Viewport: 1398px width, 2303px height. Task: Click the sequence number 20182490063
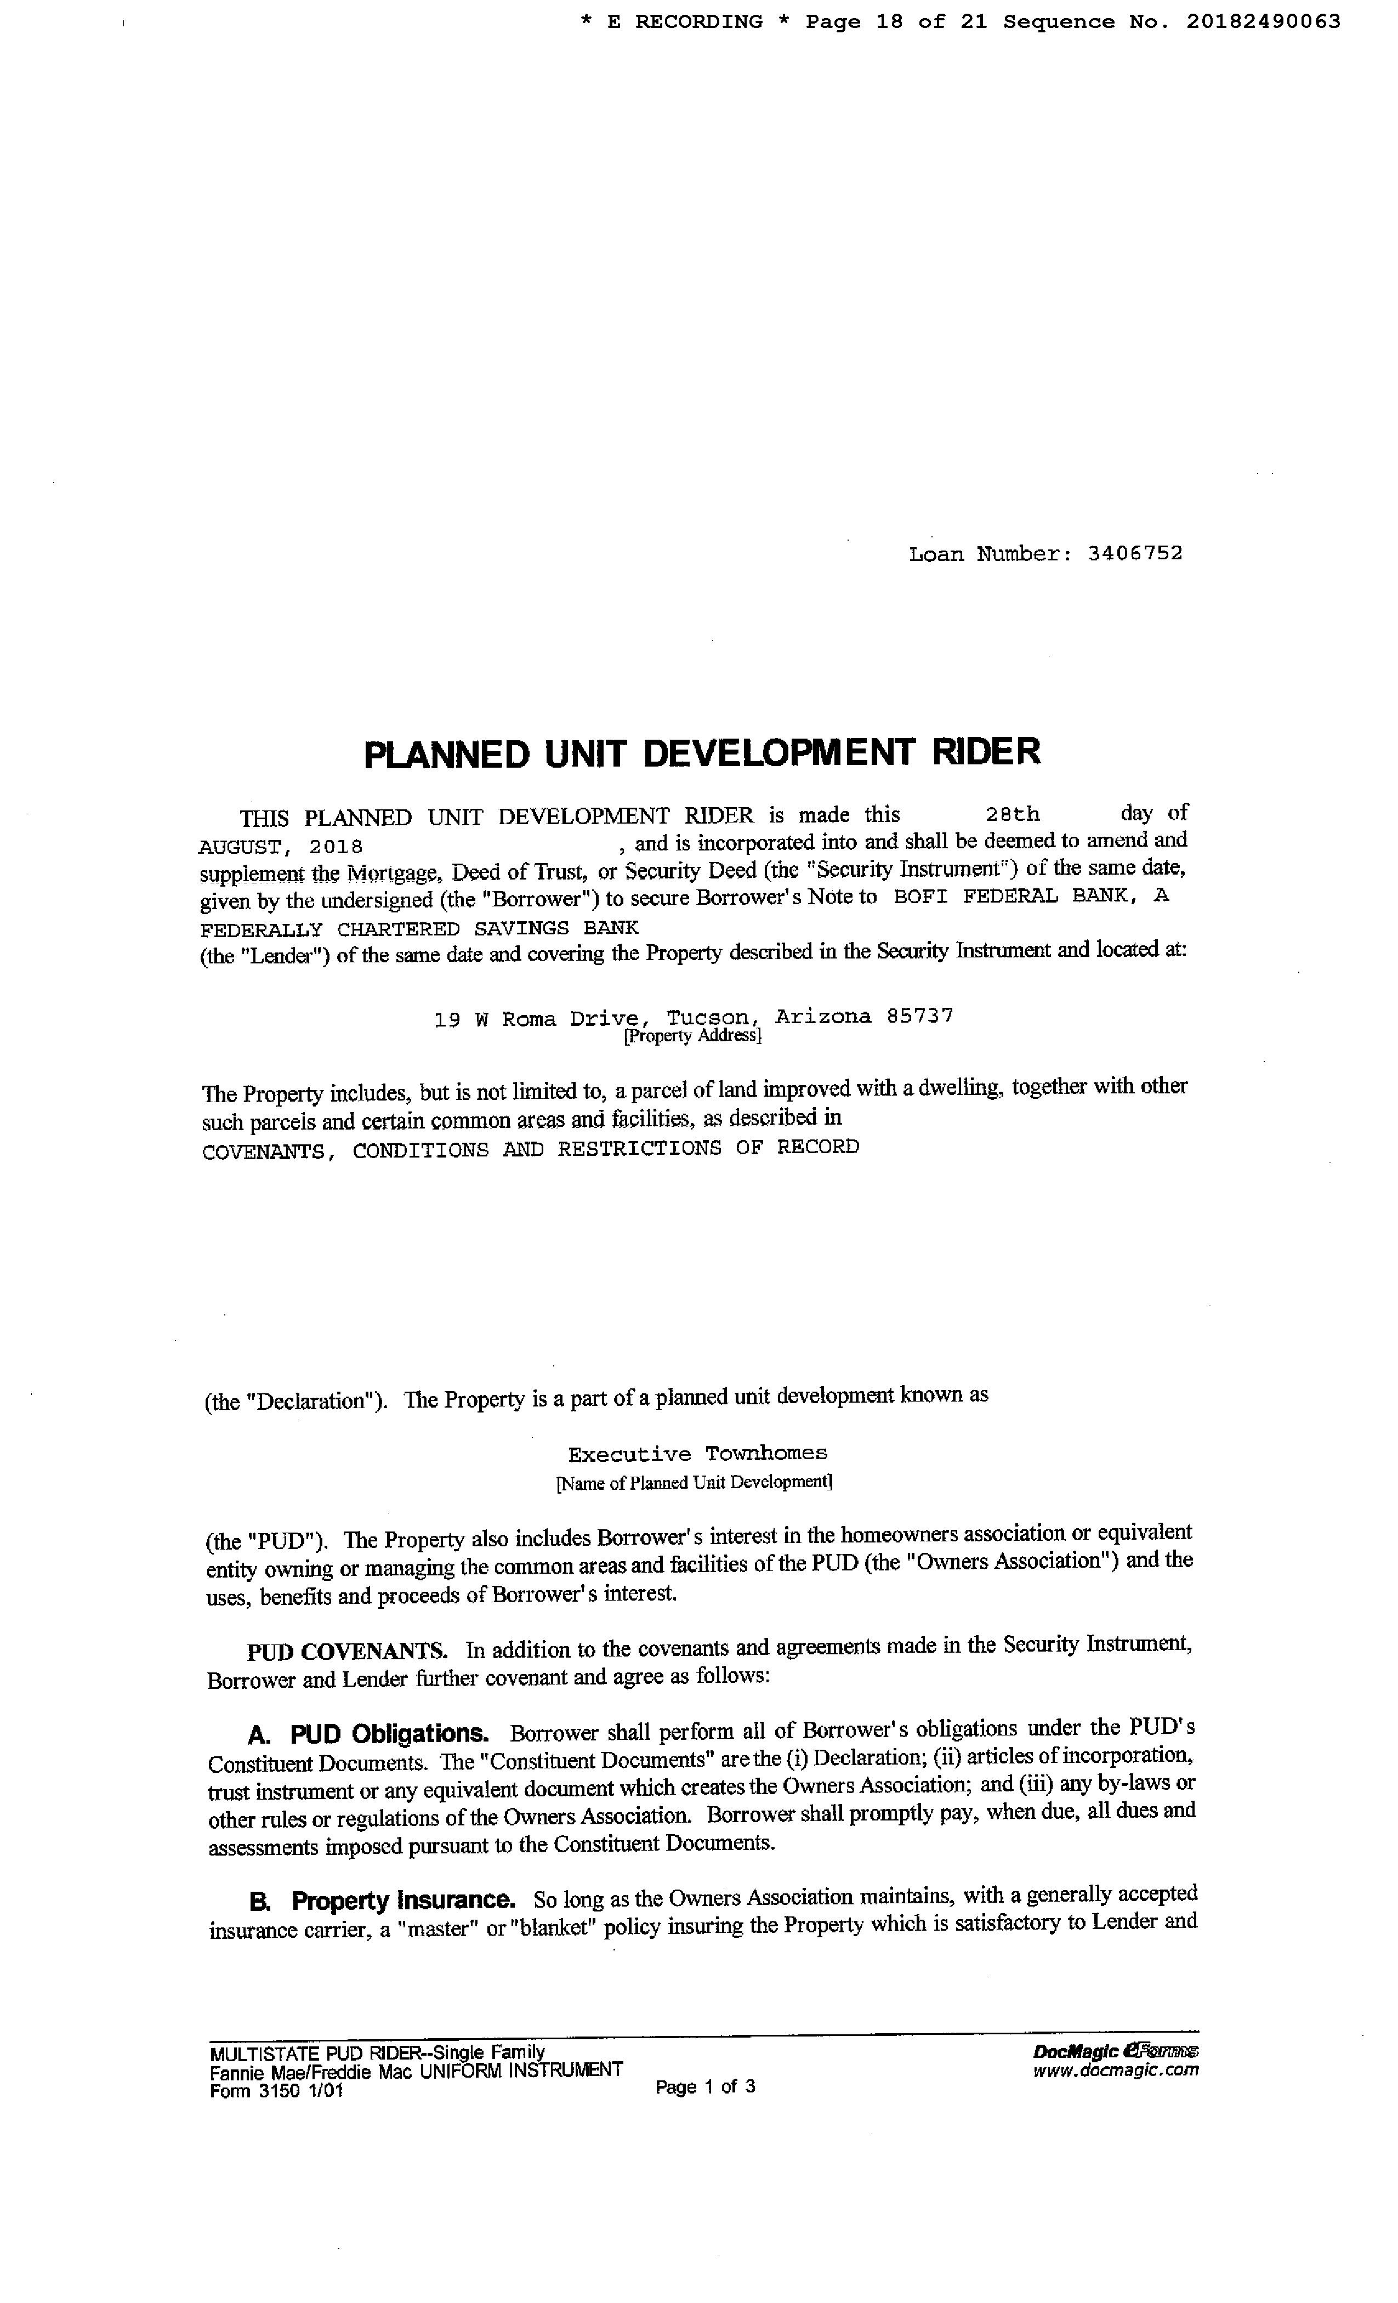(1264, 21)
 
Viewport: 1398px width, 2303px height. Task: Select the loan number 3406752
(1134, 553)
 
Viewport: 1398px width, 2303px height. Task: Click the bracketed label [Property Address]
(692, 1036)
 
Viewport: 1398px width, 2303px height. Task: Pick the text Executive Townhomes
(697, 1454)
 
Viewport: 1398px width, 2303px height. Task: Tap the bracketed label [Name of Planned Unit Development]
(694, 1482)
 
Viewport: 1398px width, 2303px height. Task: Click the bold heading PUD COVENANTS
(346, 1650)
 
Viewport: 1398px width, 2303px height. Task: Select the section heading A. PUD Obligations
(368, 1734)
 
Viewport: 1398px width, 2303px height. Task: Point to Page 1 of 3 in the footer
(706, 2086)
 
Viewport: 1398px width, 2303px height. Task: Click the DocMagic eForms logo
(1116, 2051)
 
